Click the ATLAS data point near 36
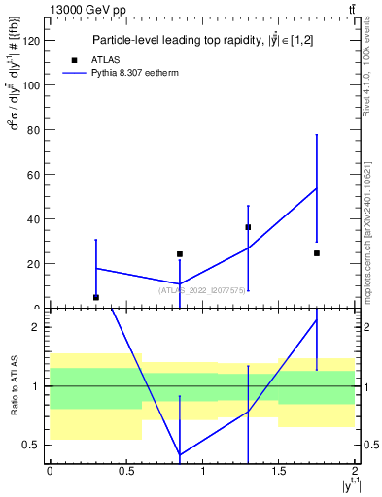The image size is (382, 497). click(248, 227)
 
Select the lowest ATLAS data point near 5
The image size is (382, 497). click(95, 297)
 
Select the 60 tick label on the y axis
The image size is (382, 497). click(34, 174)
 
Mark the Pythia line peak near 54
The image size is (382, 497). click(317, 188)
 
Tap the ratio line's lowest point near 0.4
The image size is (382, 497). click(180, 454)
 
